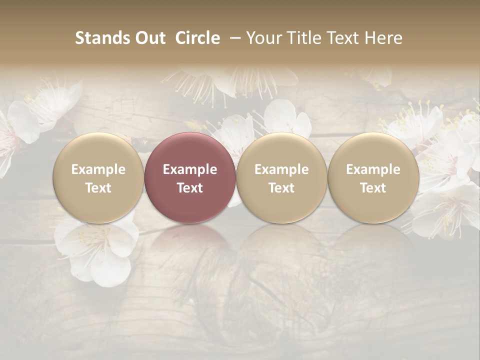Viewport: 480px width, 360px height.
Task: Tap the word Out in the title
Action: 149,38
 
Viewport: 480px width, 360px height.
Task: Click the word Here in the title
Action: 383,38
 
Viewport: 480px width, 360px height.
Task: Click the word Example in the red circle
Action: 190,169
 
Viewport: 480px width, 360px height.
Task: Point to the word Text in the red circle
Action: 190,188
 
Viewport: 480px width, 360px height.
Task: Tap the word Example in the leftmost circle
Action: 98,169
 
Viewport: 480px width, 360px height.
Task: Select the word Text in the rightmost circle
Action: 373,188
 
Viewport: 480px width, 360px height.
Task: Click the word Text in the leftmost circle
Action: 98,188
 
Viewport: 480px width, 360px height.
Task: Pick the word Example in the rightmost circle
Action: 373,169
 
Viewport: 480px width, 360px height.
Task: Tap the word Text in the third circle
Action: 281,188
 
